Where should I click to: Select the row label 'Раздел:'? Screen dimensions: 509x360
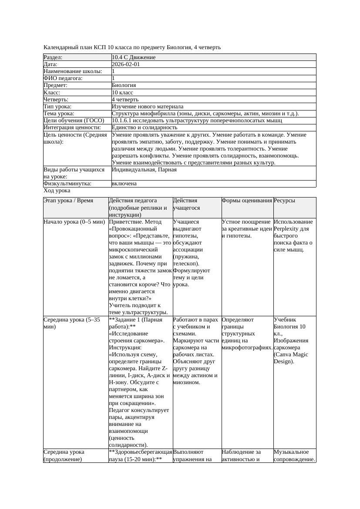click(x=53, y=57)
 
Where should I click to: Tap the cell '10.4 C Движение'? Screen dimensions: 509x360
click(x=134, y=57)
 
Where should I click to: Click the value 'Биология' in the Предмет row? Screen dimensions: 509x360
click(x=124, y=85)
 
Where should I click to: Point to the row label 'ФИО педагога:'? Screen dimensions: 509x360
click(x=63, y=78)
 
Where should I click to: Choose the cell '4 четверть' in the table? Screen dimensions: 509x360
click(x=125, y=100)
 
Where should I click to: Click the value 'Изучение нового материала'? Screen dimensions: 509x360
click(x=147, y=107)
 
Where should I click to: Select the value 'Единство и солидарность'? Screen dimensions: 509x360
click(x=145, y=127)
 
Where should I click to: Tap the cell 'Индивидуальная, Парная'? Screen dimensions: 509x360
click(x=144, y=170)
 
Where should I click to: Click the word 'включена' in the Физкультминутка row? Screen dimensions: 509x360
click(x=124, y=184)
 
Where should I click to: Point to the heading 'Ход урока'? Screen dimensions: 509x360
click(x=57, y=191)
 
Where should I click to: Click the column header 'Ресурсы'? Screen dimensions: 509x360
click(x=284, y=201)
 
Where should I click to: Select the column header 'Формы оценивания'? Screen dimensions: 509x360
click(x=246, y=201)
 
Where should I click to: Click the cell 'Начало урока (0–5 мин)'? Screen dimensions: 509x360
click(x=74, y=222)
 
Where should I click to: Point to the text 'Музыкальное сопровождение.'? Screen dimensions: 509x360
click(x=294, y=455)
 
